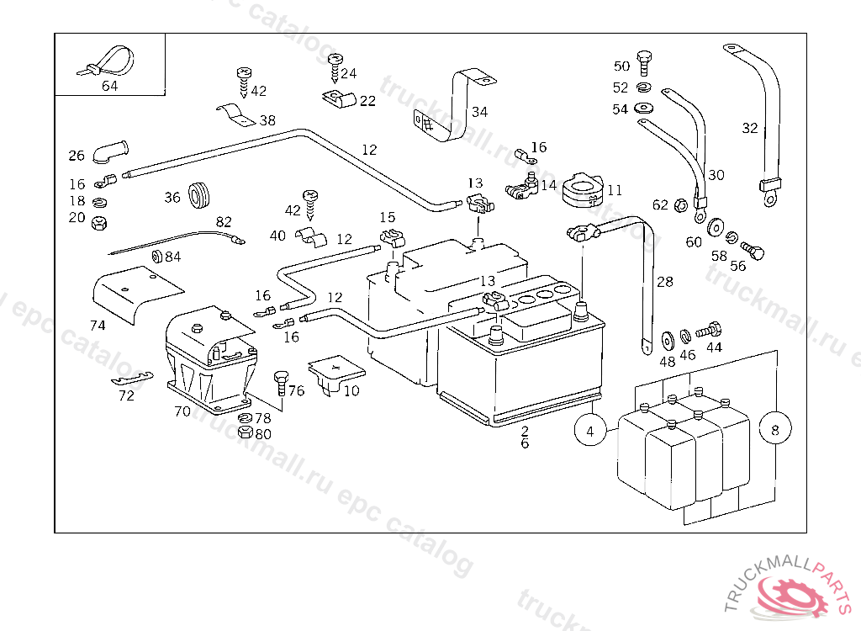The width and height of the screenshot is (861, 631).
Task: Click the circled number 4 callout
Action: (590, 431)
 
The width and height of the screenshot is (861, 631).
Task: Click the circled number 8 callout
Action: (774, 430)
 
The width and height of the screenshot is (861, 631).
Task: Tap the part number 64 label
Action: (110, 86)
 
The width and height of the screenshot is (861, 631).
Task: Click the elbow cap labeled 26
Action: (107, 151)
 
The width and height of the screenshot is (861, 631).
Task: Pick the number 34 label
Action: (479, 111)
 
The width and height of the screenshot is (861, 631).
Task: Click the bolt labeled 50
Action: (644, 61)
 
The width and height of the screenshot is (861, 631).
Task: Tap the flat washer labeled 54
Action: (645, 108)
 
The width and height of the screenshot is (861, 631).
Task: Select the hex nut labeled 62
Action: (682, 204)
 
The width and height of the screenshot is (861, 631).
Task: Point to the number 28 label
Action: (665, 282)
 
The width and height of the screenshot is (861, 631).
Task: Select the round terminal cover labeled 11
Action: (582, 188)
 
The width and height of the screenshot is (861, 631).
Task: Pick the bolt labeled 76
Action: (280, 381)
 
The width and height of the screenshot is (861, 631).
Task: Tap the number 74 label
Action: (98, 325)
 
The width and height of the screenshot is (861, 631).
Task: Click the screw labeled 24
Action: (335, 63)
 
